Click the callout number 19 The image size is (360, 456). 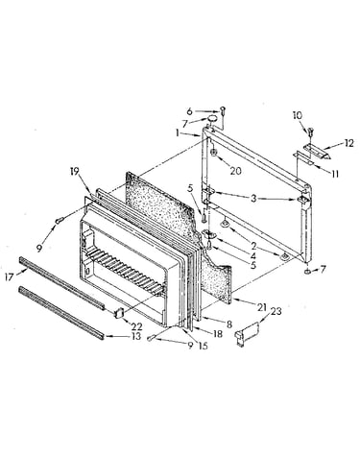coord(74,171)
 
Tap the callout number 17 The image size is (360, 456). coord(10,276)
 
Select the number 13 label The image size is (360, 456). coord(136,336)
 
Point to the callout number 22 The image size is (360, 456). coord(136,326)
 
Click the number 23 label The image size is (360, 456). coord(276,311)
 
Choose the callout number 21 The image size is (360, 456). coord(262,307)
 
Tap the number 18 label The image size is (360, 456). coord(218,334)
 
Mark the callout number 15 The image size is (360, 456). coord(203,346)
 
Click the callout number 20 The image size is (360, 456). coord(235,171)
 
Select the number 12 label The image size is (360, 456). coord(348,143)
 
